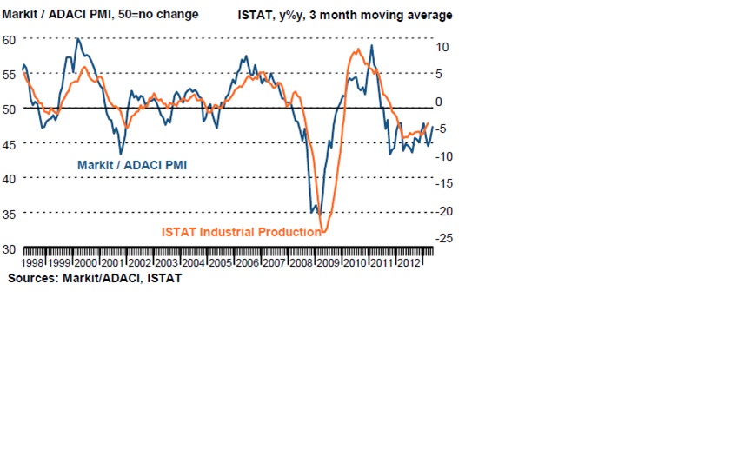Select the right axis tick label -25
444,238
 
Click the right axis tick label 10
442,47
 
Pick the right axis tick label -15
444,183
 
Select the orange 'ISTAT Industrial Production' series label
241,232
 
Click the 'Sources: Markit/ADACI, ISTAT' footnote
95,279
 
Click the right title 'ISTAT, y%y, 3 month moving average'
345,15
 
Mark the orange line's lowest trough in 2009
323,232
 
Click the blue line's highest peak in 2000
78,38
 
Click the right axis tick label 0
440,102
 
